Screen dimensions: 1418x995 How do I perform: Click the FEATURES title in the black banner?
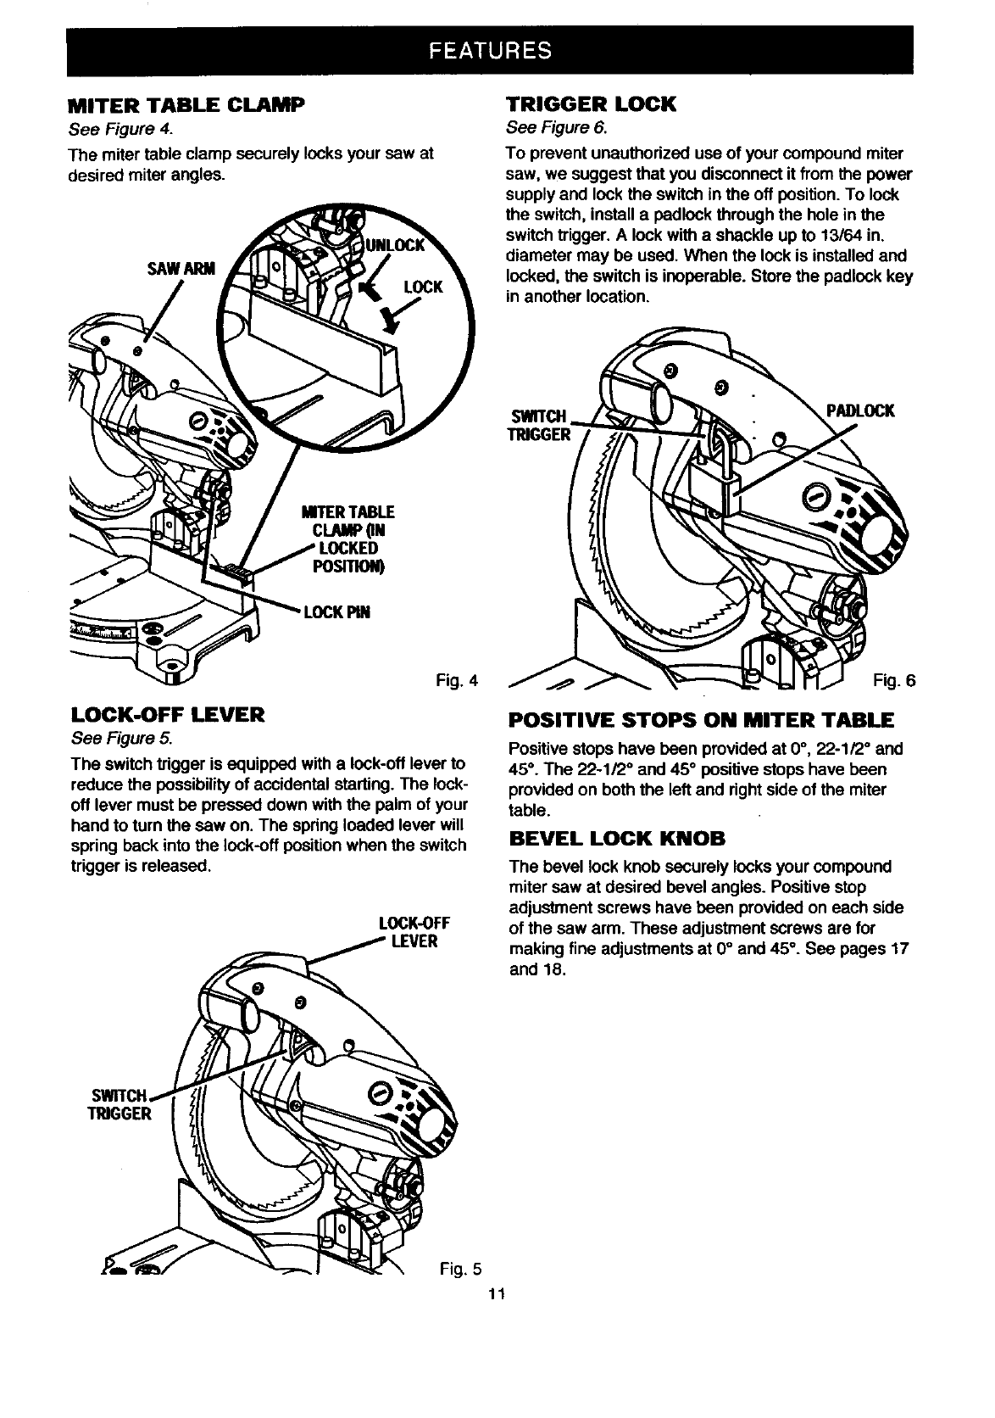(491, 50)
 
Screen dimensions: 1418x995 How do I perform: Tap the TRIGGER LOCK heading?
(591, 105)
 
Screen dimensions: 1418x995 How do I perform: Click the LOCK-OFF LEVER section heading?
(167, 714)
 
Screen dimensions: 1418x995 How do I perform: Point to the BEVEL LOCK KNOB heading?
(616, 840)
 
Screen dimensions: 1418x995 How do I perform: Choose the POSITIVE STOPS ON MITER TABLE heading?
(700, 722)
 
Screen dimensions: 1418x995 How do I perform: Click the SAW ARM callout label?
(181, 269)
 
